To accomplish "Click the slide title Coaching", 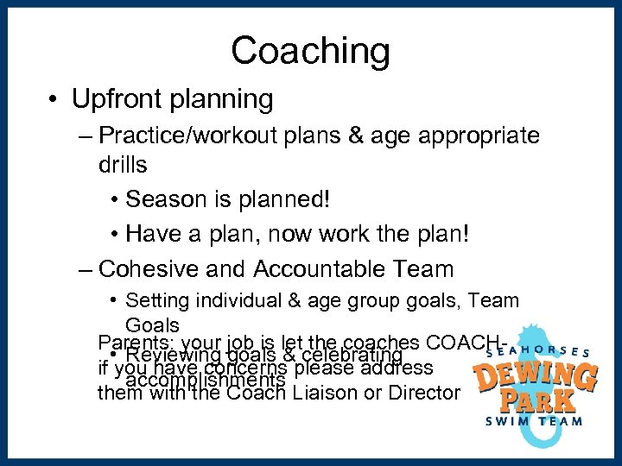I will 310,51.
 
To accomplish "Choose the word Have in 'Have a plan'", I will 154,234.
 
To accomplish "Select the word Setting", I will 159,301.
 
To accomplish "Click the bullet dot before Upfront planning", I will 54,100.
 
